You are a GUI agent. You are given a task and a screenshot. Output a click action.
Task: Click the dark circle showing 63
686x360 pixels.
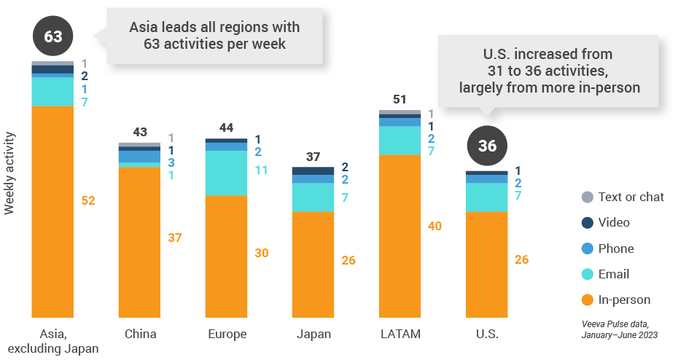53,36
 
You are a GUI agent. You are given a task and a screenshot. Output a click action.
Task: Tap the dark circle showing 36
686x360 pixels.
487,146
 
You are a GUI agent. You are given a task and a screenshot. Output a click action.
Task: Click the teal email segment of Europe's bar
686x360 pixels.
226,173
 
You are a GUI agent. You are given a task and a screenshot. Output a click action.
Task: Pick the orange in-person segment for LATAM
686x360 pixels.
400,236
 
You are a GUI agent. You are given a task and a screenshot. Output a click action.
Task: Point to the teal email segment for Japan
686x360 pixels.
313,197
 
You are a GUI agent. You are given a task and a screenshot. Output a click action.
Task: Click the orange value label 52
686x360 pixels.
88,200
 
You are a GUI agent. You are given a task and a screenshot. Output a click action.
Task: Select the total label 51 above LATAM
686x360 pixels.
400,99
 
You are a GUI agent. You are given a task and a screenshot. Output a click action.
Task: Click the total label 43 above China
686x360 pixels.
139,132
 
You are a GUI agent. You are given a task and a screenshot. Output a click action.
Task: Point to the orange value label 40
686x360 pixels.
434,226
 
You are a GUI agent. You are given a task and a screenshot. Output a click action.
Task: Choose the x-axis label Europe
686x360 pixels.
227,334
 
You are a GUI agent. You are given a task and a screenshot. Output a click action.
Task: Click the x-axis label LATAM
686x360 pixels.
400,334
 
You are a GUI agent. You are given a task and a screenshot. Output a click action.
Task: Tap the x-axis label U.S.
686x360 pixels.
487,334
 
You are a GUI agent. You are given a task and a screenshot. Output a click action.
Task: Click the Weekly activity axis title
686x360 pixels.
9,173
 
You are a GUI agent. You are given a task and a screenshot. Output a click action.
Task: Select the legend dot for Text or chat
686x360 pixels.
588,197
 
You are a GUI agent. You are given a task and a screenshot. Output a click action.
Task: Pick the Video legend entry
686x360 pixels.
613,222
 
